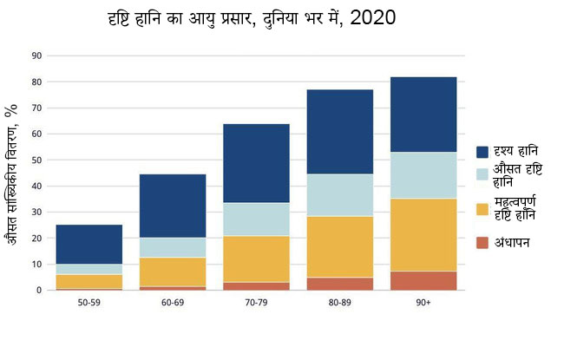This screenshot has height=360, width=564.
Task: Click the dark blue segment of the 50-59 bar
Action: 89,245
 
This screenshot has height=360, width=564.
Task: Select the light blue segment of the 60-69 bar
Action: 173,247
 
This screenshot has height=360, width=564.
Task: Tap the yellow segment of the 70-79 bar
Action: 256,259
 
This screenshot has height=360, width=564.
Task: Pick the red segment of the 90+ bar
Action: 423,280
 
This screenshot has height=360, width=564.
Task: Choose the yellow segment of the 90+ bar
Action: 423,234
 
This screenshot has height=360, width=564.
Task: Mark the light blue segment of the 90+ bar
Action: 423,175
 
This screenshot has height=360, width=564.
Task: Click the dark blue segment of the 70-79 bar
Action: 256,163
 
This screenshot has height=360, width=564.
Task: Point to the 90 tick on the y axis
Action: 36,56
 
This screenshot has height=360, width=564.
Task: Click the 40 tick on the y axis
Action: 36,186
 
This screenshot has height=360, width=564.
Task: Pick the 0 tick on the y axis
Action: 39,290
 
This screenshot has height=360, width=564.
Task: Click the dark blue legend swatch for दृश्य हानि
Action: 482,152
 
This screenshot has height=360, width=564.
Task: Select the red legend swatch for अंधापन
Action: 482,242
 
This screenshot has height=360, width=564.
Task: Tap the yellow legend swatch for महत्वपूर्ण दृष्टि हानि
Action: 482,208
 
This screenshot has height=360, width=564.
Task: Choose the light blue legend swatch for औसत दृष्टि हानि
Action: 482,174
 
